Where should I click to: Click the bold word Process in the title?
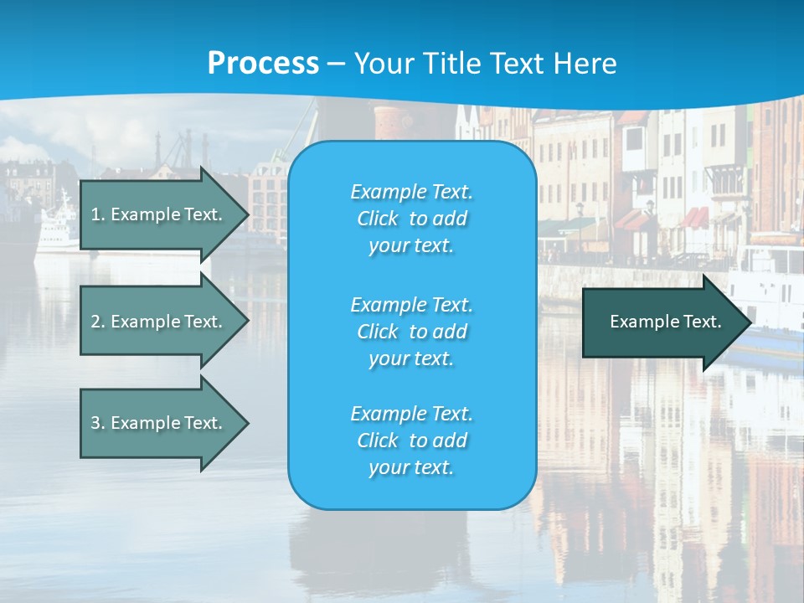click(x=263, y=64)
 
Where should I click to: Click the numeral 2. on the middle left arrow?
click(x=98, y=322)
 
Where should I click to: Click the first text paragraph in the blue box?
click(x=411, y=219)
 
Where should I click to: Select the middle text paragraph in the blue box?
click(x=411, y=332)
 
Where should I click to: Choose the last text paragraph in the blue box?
click(x=411, y=441)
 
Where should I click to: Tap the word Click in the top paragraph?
click(x=378, y=219)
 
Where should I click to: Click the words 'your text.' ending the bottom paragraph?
click(x=411, y=468)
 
